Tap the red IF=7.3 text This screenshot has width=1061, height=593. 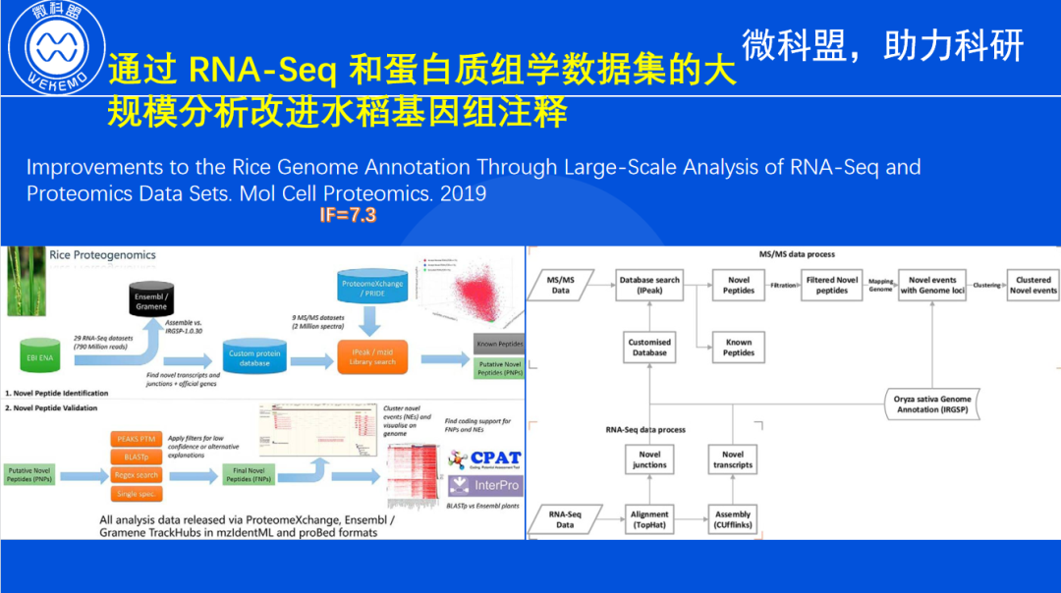click(348, 215)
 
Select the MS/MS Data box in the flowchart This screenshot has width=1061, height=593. click(560, 285)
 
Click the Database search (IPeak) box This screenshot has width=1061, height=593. click(649, 285)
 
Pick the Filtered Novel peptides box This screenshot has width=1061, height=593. click(832, 285)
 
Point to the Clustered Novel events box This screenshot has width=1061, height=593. click(1033, 285)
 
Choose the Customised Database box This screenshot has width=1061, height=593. click(649, 347)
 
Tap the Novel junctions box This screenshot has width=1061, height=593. click(649, 459)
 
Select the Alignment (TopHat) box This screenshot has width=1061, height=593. click(649, 519)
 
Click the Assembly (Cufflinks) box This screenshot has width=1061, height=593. click(733, 519)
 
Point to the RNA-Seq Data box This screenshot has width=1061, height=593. click(565, 519)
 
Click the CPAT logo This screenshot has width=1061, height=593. click(483, 458)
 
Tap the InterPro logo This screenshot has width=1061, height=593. click(483, 486)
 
